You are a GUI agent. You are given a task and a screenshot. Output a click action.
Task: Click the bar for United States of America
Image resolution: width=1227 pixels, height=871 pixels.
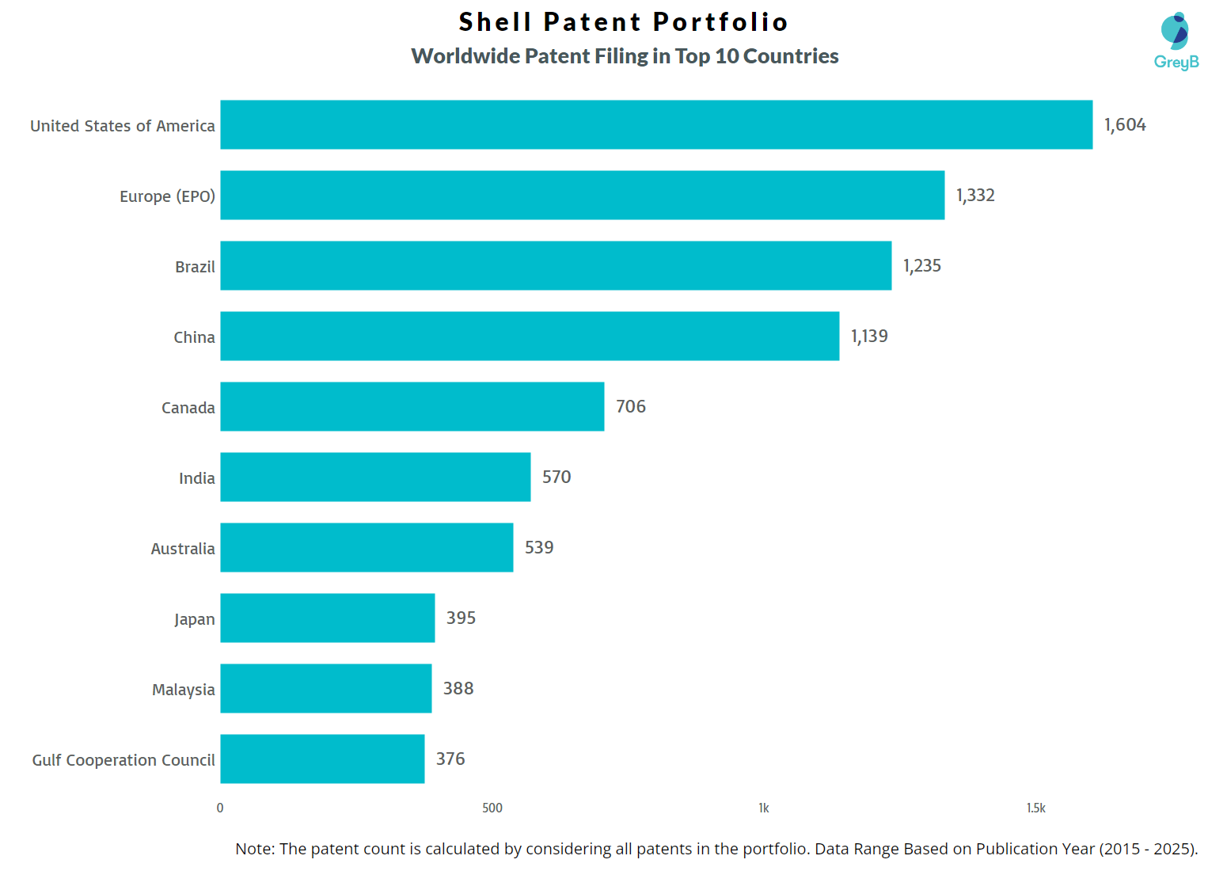click(655, 124)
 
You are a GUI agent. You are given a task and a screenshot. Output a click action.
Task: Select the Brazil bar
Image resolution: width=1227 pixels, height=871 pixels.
click(556, 265)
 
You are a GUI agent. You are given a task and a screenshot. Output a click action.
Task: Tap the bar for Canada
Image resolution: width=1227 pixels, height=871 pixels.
click(412, 406)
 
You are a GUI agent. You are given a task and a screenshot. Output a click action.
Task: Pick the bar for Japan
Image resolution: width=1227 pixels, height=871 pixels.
click(327, 618)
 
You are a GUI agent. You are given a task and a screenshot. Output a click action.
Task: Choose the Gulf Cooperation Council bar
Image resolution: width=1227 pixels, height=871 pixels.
click(322, 759)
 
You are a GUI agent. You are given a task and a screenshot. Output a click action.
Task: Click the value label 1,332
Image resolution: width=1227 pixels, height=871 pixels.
click(974, 196)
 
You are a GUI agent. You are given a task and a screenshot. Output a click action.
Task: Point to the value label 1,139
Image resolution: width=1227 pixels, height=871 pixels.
click(868, 337)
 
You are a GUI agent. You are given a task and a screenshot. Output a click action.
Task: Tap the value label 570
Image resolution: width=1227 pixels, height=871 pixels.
click(556, 477)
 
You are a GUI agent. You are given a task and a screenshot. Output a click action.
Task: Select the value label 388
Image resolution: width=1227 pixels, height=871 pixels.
click(458, 689)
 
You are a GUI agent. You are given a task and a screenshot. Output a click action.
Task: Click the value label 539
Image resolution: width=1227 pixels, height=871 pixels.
click(538, 548)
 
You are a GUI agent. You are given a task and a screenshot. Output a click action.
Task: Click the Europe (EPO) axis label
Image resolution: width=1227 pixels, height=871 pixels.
click(167, 196)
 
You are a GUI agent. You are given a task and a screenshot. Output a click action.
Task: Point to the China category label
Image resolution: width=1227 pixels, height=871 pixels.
click(194, 337)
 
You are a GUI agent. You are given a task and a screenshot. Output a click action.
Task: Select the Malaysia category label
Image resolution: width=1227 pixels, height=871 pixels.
click(183, 690)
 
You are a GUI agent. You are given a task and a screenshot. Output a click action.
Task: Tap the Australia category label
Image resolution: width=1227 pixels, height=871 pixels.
click(182, 549)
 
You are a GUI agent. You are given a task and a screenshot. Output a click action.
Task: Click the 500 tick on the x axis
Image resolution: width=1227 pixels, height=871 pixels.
click(492, 808)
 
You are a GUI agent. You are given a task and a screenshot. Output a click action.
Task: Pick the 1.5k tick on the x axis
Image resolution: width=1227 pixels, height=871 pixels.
click(1035, 808)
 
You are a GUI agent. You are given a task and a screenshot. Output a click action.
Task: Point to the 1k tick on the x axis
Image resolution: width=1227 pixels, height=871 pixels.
click(763, 808)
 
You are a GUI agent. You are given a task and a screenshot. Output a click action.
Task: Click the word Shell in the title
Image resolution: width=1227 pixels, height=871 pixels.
click(494, 22)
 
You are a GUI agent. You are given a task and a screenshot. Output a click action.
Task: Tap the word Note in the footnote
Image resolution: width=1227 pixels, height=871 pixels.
click(255, 849)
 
